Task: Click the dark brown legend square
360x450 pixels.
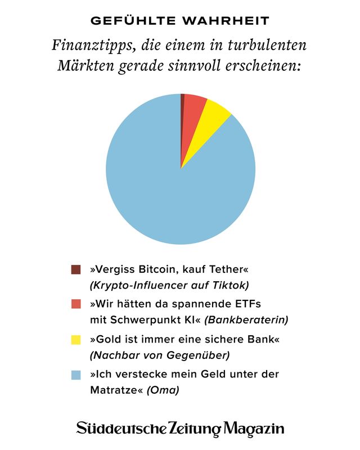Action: click(x=76, y=269)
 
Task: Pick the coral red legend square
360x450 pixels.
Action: click(x=76, y=304)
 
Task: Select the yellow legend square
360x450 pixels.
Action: click(x=76, y=340)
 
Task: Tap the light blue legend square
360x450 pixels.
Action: click(x=76, y=375)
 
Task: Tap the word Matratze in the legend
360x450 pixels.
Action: click(x=116, y=389)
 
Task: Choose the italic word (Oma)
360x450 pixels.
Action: click(x=163, y=389)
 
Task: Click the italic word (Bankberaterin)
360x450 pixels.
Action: click(x=246, y=319)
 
